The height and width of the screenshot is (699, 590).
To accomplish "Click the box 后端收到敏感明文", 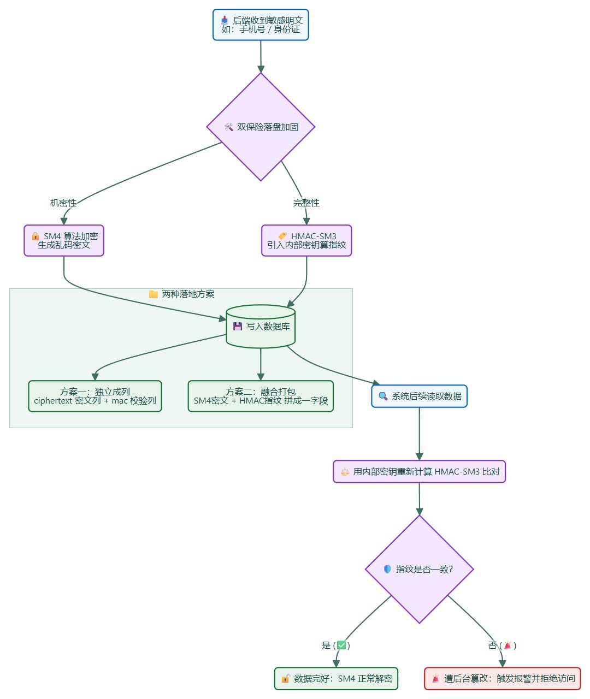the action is tap(261, 25).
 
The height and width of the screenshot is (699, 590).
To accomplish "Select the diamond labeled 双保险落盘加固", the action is tap(261, 127).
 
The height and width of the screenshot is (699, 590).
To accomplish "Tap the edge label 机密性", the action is tap(63, 203).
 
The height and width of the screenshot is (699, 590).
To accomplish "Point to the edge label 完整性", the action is tap(306, 203).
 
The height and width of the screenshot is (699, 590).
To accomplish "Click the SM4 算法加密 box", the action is tap(64, 240).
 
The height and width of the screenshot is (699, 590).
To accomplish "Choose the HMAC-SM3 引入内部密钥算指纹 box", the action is tap(306, 240).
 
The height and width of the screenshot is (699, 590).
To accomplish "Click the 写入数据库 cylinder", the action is tap(261, 326).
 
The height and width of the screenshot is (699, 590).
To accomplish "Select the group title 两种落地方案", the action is tap(181, 294).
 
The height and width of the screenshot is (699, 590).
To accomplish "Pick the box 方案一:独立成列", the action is tap(95, 396).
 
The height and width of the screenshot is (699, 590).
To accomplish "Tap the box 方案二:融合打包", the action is tap(261, 396).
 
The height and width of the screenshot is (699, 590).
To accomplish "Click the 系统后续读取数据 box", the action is tap(419, 396).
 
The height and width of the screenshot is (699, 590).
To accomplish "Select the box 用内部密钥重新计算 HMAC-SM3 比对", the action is tap(419, 471).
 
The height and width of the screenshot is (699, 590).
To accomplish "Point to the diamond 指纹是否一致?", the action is tap(419, 569).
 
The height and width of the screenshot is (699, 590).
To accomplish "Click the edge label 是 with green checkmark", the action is tap(336, 645).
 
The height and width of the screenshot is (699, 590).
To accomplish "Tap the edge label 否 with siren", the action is tap(502, 645).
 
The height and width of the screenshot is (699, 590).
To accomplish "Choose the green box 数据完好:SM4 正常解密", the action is tap(336, 679).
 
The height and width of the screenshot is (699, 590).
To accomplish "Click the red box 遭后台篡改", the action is tap(502, 679).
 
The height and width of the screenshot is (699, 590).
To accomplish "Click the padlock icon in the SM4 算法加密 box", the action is tap(35, 236).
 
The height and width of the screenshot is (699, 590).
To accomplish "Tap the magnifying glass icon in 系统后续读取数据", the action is tap(383, 396).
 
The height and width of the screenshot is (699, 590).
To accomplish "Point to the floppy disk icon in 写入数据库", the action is tap(238, 327).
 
